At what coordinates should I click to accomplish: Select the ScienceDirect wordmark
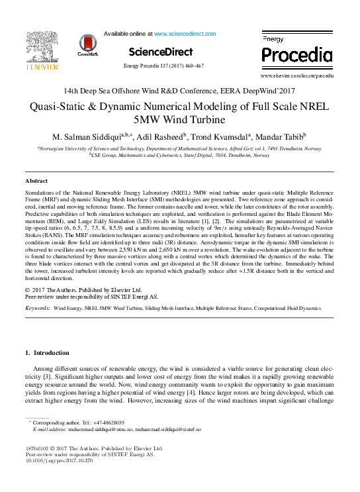point(161,52)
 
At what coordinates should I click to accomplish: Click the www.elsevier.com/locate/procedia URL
point(306,76)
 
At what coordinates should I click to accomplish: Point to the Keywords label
point(37,309)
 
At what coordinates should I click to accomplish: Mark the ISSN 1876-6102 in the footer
point(38,448)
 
